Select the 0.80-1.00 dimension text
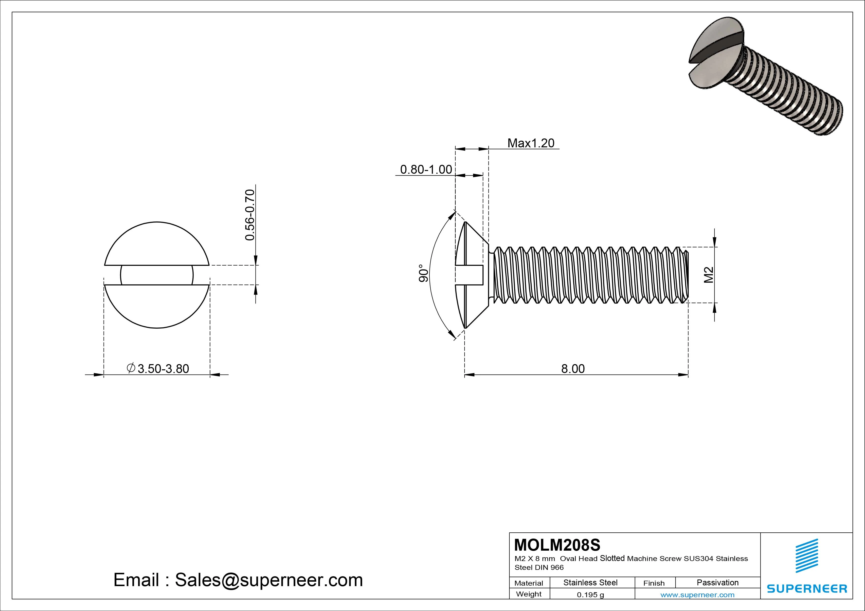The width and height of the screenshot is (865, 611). [426, 170]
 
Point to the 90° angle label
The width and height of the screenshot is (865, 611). [423, 273]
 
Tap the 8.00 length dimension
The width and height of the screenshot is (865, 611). [573, 369]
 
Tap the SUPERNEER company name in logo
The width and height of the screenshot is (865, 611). [807, 588]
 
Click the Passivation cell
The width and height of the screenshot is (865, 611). [717, 583]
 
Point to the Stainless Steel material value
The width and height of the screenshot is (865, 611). [590, 583]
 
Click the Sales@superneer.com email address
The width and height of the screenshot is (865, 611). [269, 580]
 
